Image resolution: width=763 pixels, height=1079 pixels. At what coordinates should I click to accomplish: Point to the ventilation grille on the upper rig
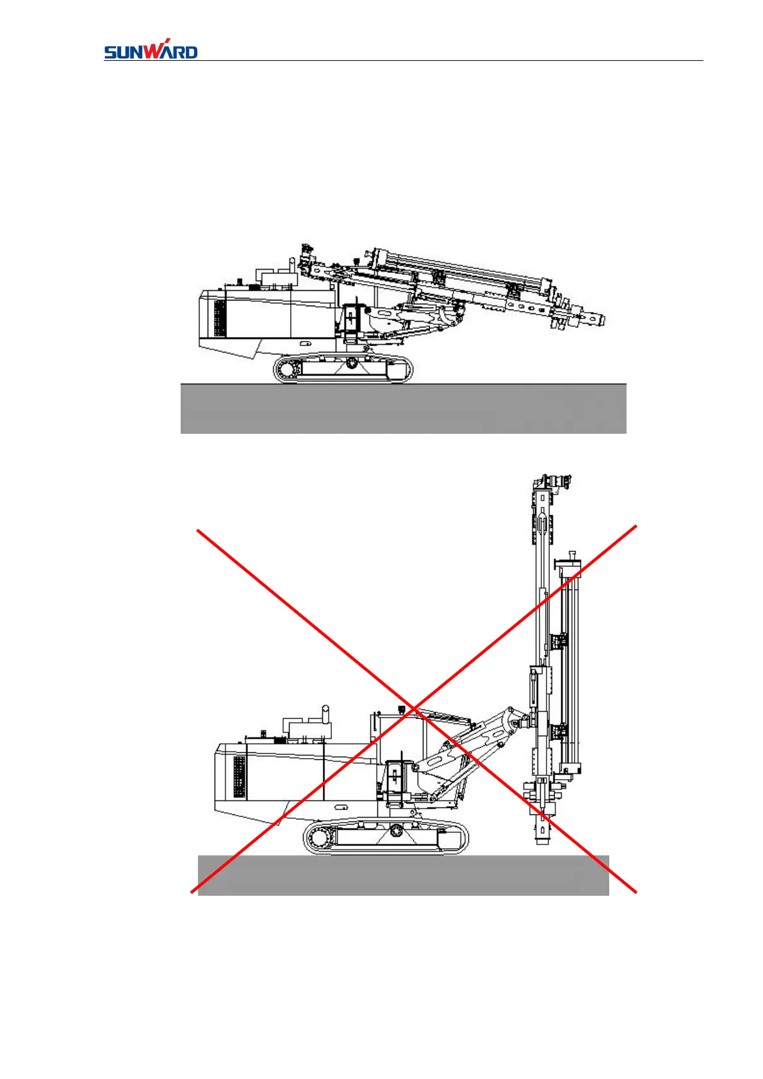pyautogui.click(x=220, y=318)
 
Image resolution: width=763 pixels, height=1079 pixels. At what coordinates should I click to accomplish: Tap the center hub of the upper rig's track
pyautogui.click(x=351, y=363)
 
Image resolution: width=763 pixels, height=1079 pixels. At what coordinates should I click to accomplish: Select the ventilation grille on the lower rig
pyautogui.click(x=239, y=777)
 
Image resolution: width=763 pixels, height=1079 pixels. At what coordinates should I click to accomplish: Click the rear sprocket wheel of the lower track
pyautogui.click(x=318, y=837)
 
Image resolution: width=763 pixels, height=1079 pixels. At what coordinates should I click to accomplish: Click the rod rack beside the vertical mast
pyautogui.click(x=570, y=666)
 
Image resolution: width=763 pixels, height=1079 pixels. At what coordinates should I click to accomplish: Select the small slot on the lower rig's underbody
pyautogui.click(x=307, y=343)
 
